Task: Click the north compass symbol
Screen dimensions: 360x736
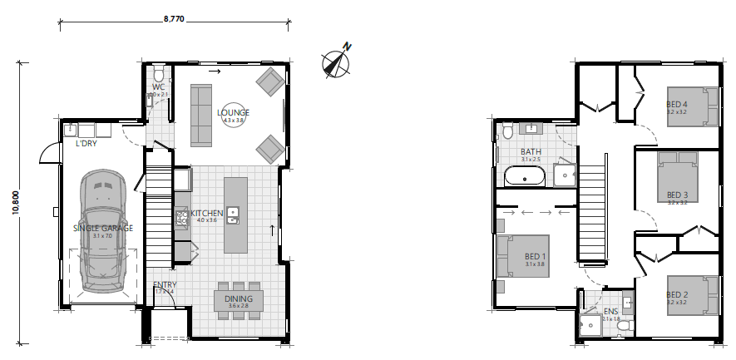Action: pos(335,63)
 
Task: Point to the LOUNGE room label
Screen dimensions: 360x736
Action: pos(234,113)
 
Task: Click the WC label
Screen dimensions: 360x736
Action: pos(158,86)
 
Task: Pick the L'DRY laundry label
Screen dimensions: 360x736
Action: pos(86,144)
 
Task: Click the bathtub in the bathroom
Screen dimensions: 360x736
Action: pos(524,176)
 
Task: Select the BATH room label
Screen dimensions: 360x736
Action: pos(531,152)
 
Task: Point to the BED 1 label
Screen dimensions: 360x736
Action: pos(536,257)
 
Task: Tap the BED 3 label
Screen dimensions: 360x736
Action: pos(677,195)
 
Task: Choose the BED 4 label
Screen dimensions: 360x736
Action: pos(677,104)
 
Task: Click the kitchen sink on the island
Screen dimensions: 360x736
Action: pos(233,215)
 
